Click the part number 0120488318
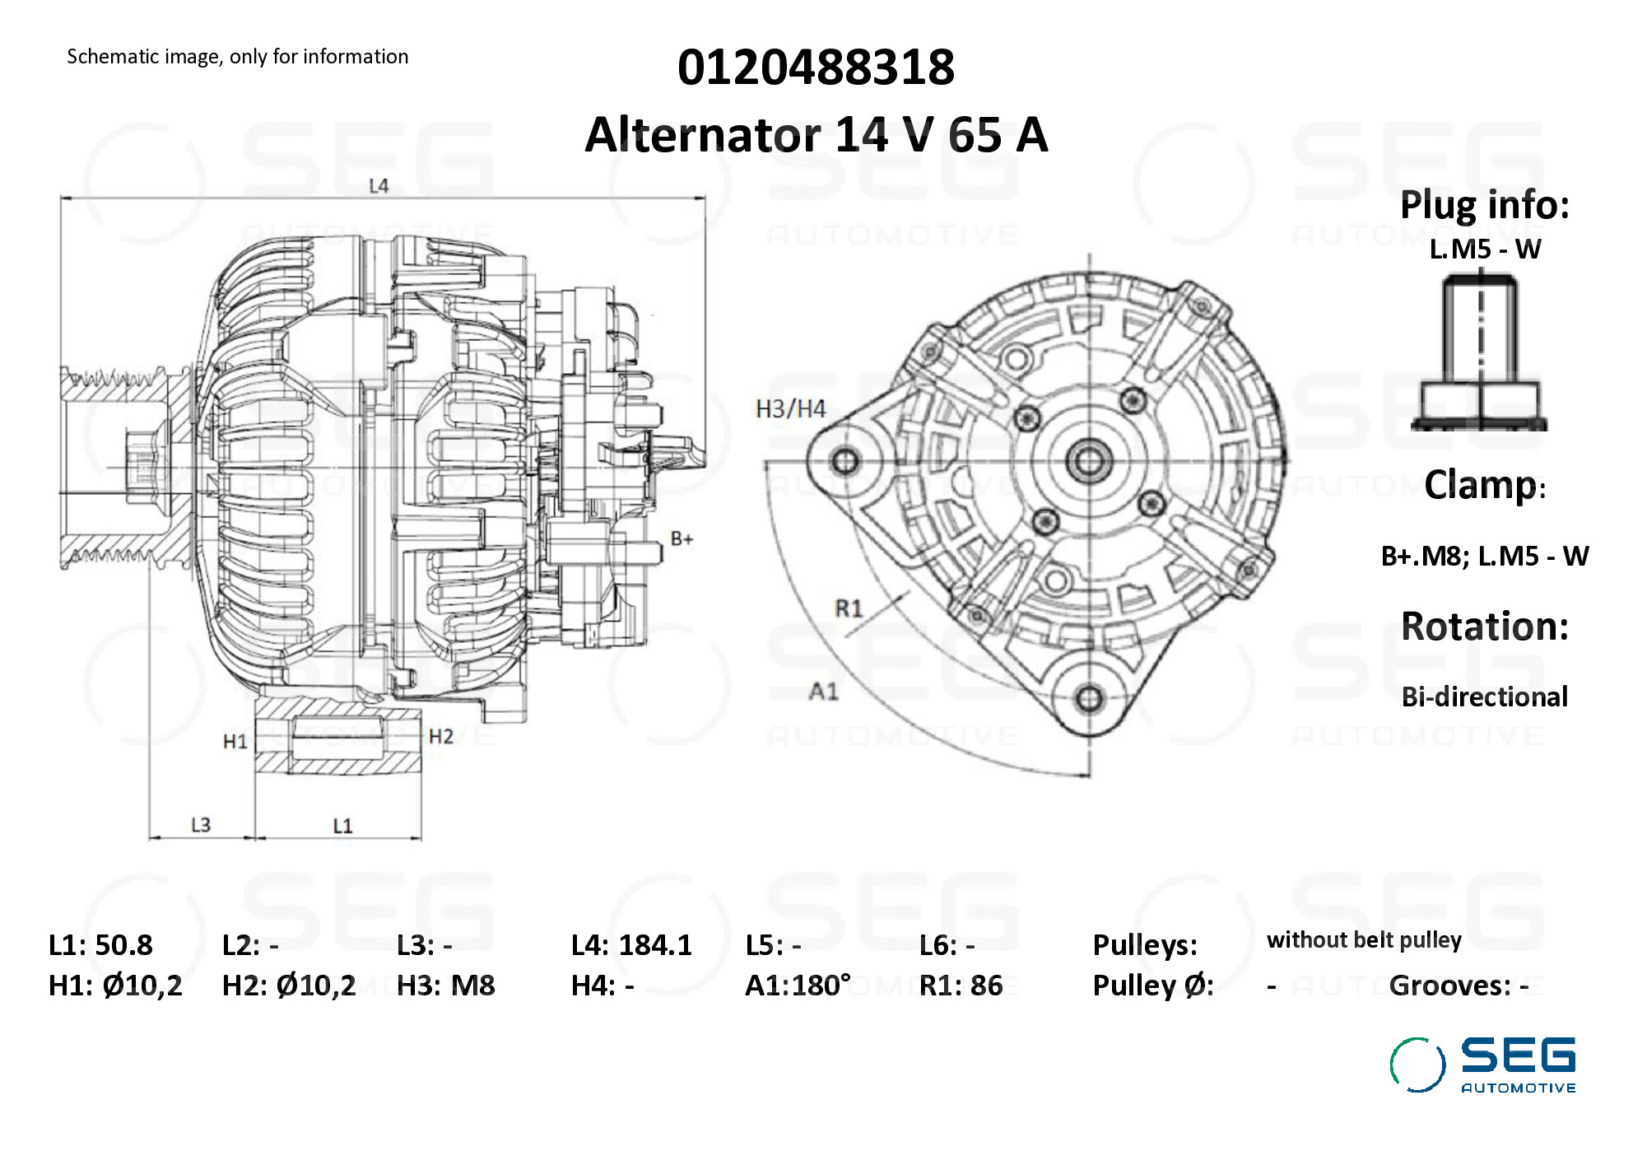pos(816,67)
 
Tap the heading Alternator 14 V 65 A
pos(816,134)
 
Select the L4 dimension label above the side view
pos(379,186)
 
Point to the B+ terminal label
pos(682,539)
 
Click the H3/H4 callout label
pos(790,409)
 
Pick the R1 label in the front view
pos(849,608)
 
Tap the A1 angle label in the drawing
pos(823,691)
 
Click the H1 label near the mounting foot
pos(235,742)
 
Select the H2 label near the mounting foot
pos(441,736)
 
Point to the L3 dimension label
pos(201,825)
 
